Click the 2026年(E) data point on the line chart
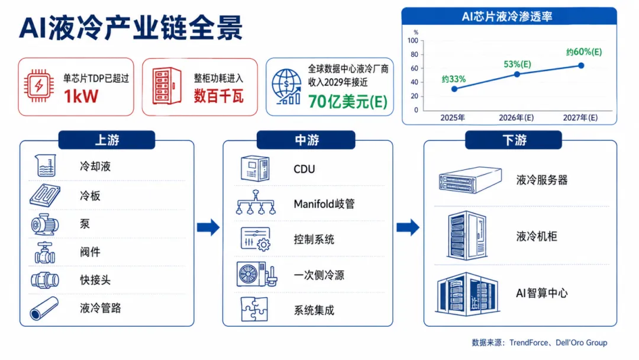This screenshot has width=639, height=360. (x=517, y=74)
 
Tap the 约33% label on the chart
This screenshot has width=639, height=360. (x=454, y=79)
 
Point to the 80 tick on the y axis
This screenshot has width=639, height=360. (x=414, y=54)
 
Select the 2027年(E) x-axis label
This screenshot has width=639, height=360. (x=580, y=118)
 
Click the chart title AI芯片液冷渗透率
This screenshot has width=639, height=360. (x=507, y=17)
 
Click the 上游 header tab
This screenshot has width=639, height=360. (x=106, y=140)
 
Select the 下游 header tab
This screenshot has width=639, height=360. (x=514, y=140)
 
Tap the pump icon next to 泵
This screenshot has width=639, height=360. (x=45, y=224)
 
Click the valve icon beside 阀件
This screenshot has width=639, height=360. (x=45, y=252)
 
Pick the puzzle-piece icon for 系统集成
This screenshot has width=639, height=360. (x=254, y=309)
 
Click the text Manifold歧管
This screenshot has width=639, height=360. (x=324, y=204)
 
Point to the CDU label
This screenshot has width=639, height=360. (x=305, y=169)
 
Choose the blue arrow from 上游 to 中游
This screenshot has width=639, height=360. (x=208, y=227)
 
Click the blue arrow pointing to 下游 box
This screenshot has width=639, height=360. (x=408, y=227)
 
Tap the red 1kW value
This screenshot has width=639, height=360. (x=81, y=97)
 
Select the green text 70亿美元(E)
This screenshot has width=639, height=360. (x=348, y=101)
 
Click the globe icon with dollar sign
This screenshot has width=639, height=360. (x=286, y=87)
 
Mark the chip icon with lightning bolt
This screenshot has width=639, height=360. (x=38, y=86)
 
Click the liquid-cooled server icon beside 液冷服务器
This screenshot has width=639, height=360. (x=470, y=179)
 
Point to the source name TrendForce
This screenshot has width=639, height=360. (x=528, y=342)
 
